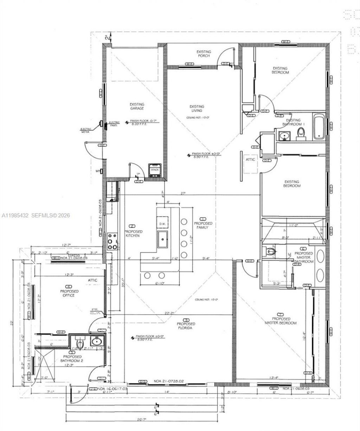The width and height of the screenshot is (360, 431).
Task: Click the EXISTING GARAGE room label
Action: tap(137, 106)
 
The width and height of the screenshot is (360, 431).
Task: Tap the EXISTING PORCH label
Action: tap(204, 54)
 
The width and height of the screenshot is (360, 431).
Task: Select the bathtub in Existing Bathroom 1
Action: tap(319, 126)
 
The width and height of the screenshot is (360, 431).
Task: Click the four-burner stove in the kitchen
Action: tap(112, 242)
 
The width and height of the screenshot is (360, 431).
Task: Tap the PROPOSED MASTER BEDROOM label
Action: tap(280, 321)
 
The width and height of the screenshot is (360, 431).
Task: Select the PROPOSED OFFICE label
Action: tap(69, 293)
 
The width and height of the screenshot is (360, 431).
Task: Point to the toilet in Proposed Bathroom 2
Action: tap(80, 343)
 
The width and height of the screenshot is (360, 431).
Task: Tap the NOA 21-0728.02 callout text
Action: tap(167, 381)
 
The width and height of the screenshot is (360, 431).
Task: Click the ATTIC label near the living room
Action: tap(250, 160)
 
